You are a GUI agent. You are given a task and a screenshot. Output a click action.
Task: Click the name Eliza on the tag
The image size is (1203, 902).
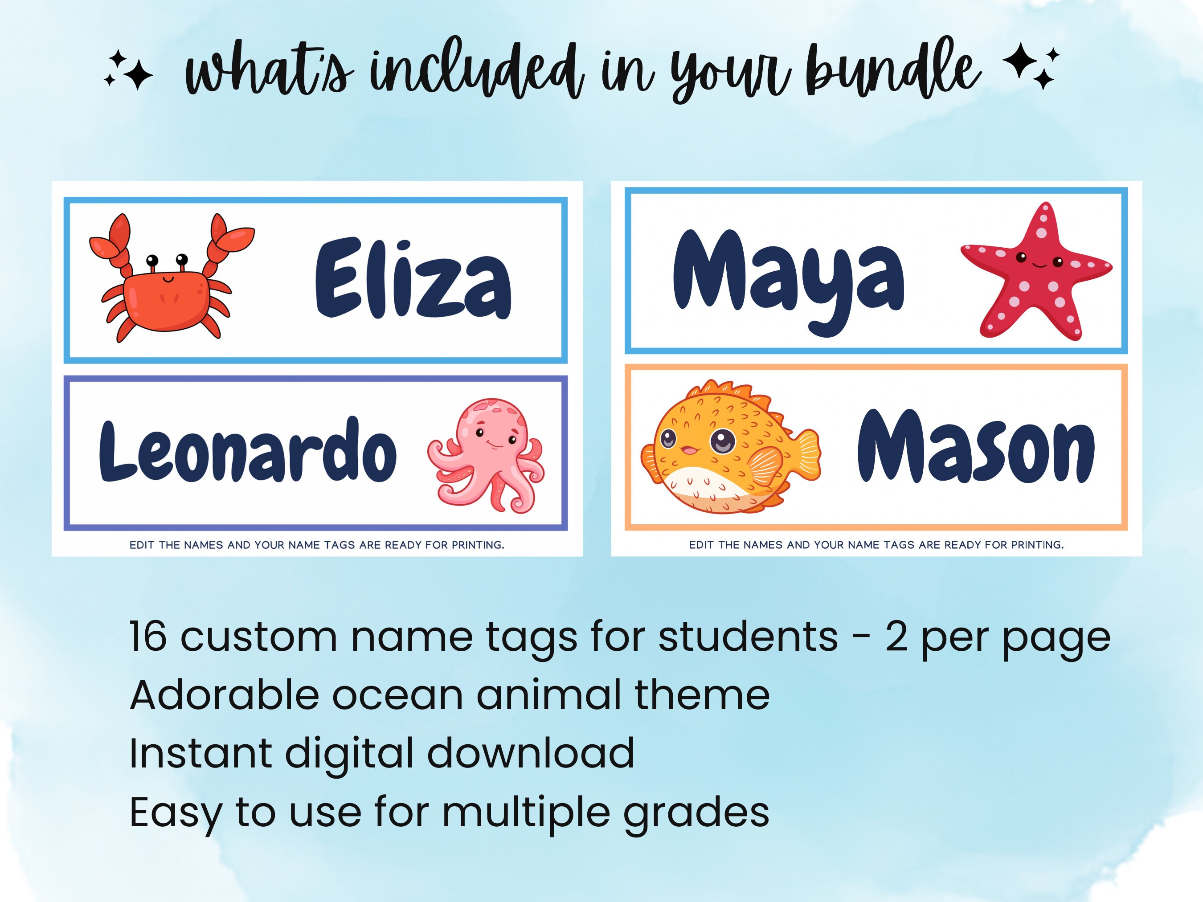coord(413,278)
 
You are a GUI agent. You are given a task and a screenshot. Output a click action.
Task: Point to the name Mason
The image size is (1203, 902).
coord(976,447)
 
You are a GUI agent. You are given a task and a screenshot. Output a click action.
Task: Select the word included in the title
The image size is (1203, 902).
coord(476,73)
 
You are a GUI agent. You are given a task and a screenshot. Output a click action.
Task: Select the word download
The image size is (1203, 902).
coord(530,754)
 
